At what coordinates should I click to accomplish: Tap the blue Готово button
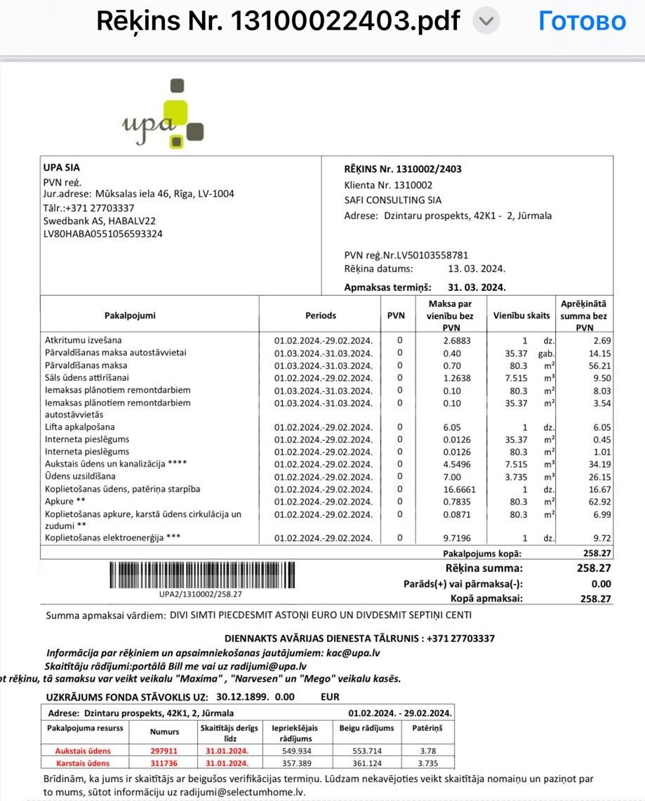[582, 21]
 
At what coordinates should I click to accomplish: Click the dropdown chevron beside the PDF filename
[486, 22]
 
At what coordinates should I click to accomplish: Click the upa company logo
[163, 116]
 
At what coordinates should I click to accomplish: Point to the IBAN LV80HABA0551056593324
[102, 234]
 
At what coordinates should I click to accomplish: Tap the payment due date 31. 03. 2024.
[477, 287]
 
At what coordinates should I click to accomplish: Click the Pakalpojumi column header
[130, 315]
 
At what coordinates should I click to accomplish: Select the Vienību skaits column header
[521, 315]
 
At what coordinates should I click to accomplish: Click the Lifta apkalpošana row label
[79, 427]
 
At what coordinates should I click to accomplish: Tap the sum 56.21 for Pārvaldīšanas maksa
[599, 366]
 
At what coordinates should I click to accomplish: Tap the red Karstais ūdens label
[83, 763]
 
